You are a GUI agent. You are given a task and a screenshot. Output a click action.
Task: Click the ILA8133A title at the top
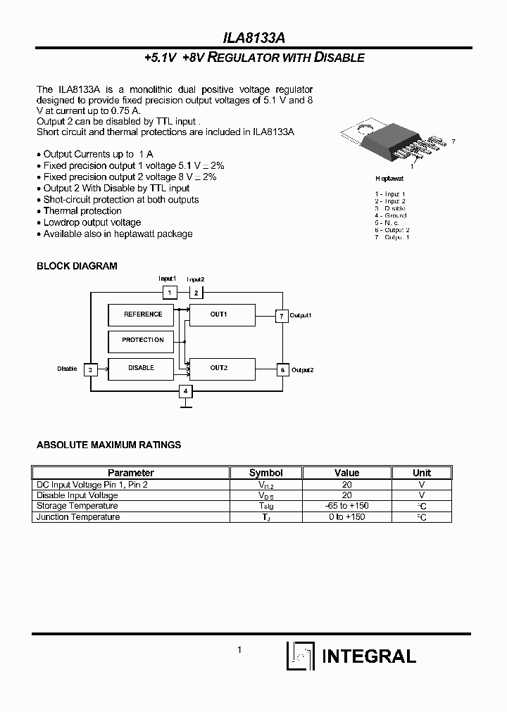[x=254, y=37]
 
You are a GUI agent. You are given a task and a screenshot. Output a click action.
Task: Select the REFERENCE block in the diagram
[x=143, y=314]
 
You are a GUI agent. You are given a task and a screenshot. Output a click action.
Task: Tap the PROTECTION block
[x=143, y=341]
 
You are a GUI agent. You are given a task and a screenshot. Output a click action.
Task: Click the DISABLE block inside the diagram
[x=142, y=368]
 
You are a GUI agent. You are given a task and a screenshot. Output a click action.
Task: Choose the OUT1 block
[x=219, y=314]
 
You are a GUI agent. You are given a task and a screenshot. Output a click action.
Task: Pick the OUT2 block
[x=219, y=368]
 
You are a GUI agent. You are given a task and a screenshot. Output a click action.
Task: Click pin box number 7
[x=282, y=316]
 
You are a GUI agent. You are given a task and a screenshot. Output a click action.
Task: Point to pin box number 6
[x=282, y=369]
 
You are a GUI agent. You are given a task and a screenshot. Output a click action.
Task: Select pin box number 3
[x=91, y=369]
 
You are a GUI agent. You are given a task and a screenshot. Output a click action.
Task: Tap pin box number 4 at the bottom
[x=186, y=391]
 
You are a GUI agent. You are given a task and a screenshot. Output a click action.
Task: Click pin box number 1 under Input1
[x=169, y=292]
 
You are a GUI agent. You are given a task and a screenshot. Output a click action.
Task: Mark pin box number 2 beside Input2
[x=196, y=292]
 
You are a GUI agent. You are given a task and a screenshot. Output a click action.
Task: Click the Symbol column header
[x=266, y=473]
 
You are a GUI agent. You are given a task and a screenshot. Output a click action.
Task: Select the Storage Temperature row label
[x=77, y=506]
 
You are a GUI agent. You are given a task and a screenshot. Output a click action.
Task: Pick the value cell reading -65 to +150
[x=346, y=506]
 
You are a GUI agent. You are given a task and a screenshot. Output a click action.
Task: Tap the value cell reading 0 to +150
[x=346, y=517]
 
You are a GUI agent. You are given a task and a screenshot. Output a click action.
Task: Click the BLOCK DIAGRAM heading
[x=77, y=266]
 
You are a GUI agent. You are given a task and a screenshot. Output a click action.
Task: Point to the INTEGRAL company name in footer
[x=368, y=656]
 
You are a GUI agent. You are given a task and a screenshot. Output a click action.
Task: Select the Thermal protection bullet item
[x=82, y=211]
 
